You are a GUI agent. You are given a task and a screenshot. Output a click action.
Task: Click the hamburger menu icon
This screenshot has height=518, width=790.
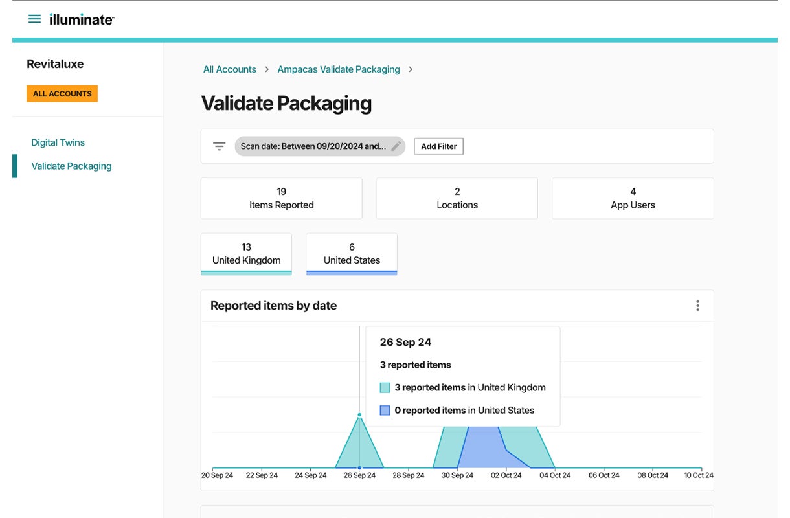tap(34, 19)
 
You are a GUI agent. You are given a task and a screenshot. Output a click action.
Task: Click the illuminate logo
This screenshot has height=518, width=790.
tap(82, 19)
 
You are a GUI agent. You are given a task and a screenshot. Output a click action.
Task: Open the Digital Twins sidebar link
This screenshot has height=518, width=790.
tap(58, 142)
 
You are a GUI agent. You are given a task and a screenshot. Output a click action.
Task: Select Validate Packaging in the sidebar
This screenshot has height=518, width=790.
tap(71, 166)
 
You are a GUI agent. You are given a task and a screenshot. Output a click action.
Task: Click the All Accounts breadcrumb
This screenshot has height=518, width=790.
tap(230, 69)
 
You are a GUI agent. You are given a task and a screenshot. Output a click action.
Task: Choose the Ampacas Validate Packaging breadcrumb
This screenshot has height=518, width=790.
tap(339, 69)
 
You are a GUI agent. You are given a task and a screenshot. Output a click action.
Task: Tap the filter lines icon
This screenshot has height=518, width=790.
tap(220, 146)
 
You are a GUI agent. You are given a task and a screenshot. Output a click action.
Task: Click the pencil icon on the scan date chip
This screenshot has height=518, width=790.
tap(396, 146)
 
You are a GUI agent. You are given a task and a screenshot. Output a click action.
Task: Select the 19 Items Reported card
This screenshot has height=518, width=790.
tap(281, 198)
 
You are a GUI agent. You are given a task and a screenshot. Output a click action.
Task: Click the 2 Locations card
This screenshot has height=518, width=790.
tap(457, 198)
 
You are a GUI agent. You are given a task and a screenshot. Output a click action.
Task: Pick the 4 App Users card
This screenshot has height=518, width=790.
tap(633, 198)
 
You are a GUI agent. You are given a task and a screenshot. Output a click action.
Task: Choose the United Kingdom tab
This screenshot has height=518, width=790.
tap(247, 254)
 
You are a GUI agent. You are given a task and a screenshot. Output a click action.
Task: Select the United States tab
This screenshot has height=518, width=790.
tap(352, 254)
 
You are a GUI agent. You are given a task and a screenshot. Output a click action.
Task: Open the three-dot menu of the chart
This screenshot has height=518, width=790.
tap(697, 306)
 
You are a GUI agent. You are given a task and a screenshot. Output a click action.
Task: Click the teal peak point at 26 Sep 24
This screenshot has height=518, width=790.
tap(359, 414)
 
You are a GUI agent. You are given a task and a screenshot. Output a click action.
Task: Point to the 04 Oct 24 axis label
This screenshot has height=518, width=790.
tap(556, 475)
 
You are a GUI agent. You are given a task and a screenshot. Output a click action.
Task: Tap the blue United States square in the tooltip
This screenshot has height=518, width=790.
tap(385, 411)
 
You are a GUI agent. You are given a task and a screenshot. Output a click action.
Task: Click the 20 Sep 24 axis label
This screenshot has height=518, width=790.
tap(217, 475)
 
